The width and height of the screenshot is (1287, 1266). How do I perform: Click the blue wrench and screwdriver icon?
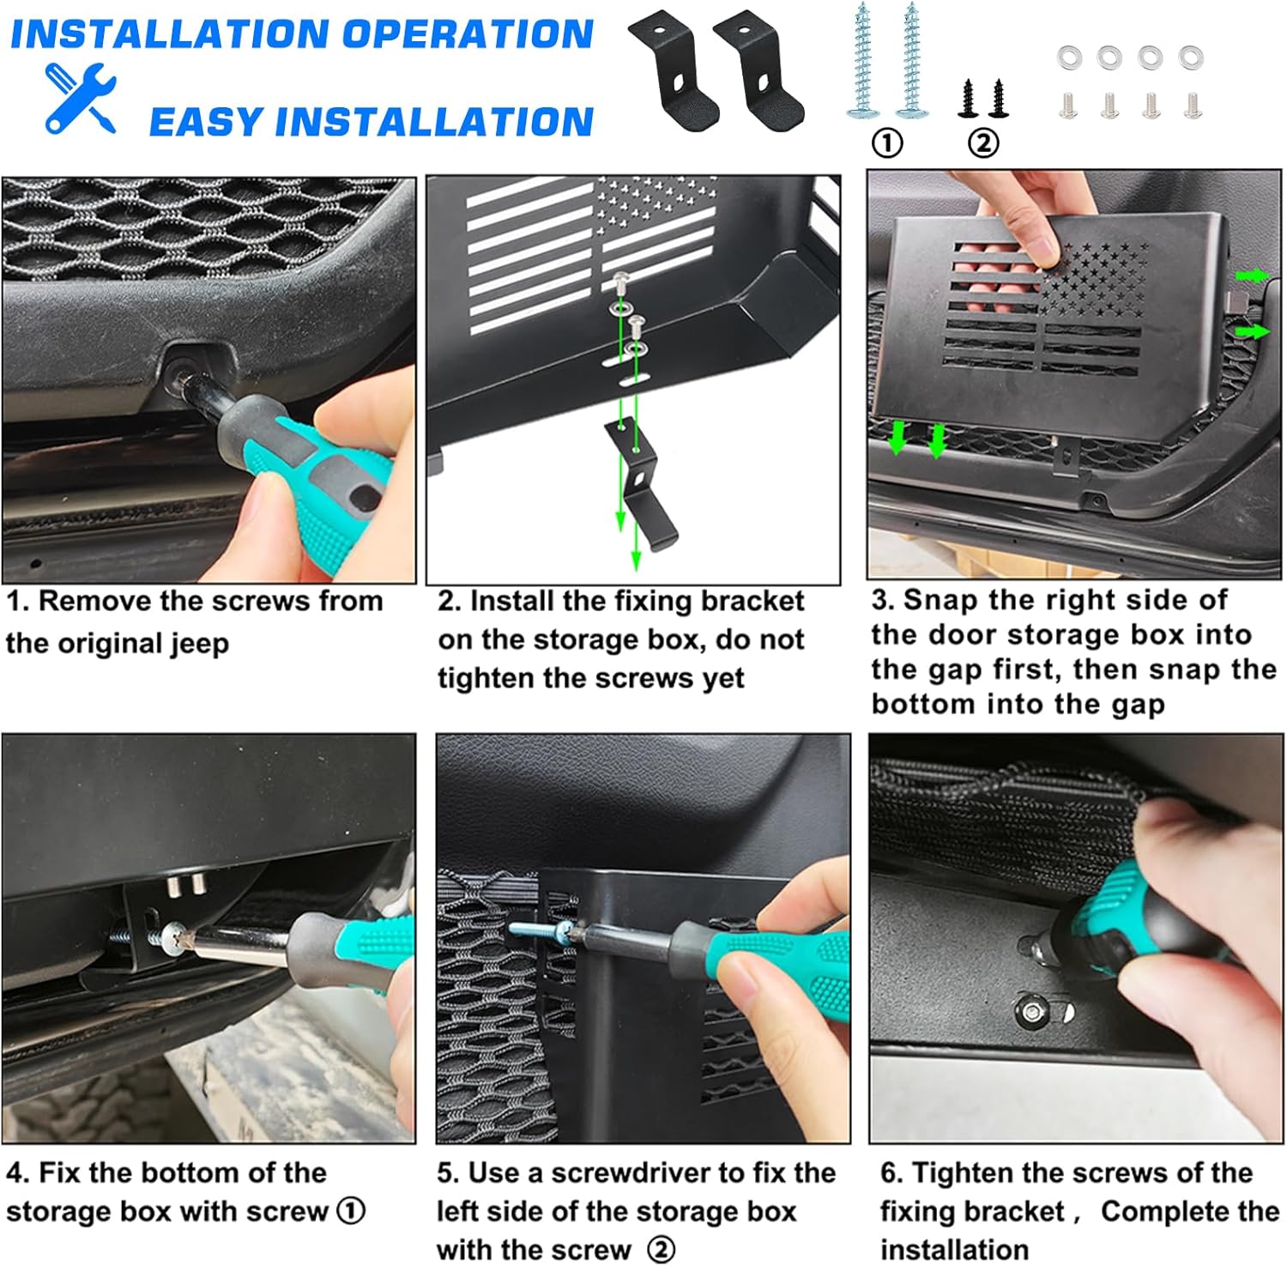tap(80, 97)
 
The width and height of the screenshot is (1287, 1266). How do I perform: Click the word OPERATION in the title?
tap(468, 33)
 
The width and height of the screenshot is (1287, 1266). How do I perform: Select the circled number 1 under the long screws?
tap(887, 142)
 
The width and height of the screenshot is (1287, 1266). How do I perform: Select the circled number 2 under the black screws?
tap(983, 142)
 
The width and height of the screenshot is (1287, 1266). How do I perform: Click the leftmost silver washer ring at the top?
tap(1069, 58)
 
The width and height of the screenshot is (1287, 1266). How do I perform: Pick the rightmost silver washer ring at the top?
tap(1190, 58)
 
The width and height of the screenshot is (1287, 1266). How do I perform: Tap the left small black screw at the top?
tap(969, 99)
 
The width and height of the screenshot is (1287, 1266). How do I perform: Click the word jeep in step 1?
tap(199, 644)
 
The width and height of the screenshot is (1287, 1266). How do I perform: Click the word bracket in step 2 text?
tap(752, 601)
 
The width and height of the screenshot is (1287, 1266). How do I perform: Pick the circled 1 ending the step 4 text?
tap(351, 1211)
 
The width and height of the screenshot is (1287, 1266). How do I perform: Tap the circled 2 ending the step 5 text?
tap(661, 1250)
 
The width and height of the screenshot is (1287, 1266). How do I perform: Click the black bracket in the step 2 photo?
tap(642, 482)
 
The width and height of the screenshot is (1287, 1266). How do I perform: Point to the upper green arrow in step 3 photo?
tap(1252, 276)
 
